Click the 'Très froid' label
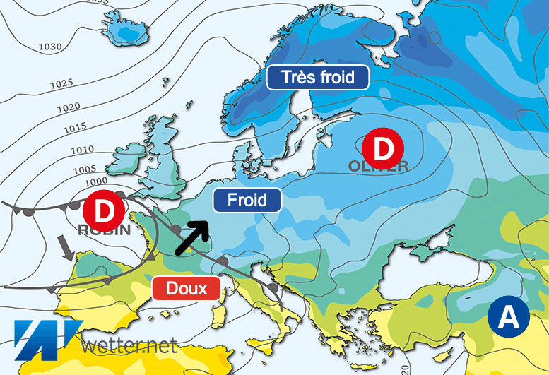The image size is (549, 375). click(318, 77)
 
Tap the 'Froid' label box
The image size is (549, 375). click(247, 201)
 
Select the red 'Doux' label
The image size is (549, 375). click(187, 288)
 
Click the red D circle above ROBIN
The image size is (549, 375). click(104, 210)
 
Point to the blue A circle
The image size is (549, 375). click(508, 318)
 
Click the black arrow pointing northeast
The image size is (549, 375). click(191, 237)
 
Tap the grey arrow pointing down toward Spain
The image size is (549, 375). click(67, 249)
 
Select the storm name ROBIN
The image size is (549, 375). click(104, 230)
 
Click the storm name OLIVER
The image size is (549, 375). click(378, 167)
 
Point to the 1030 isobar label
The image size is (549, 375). click(50, 47)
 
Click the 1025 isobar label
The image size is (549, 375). click(61, 84)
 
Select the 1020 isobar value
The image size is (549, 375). click(68, 107)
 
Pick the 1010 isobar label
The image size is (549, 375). click(83, 150)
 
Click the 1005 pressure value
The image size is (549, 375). click(85, 169)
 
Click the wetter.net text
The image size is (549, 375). click(129, 345)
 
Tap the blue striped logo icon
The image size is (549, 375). click(46, 338)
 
